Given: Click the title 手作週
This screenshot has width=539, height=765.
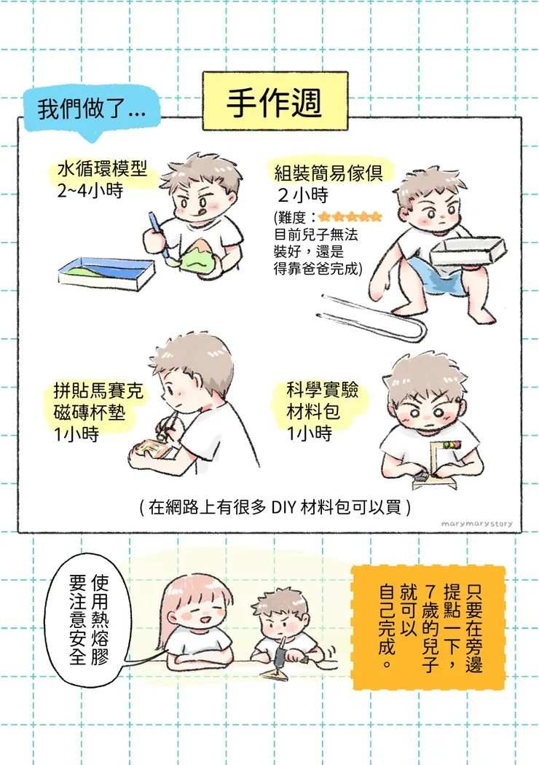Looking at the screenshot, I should coord(273,103).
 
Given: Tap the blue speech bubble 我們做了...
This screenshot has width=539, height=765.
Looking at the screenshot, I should coord(91,110).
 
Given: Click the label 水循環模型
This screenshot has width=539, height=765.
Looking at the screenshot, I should coord(102,172).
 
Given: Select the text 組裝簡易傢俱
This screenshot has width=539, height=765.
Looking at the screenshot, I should coord(332,173).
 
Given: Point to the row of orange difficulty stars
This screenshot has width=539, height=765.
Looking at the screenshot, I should coord(350,216).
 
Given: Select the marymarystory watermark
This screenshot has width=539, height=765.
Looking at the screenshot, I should coord(477,522).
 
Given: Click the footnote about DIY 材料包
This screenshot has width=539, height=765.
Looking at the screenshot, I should coord(275,507).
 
